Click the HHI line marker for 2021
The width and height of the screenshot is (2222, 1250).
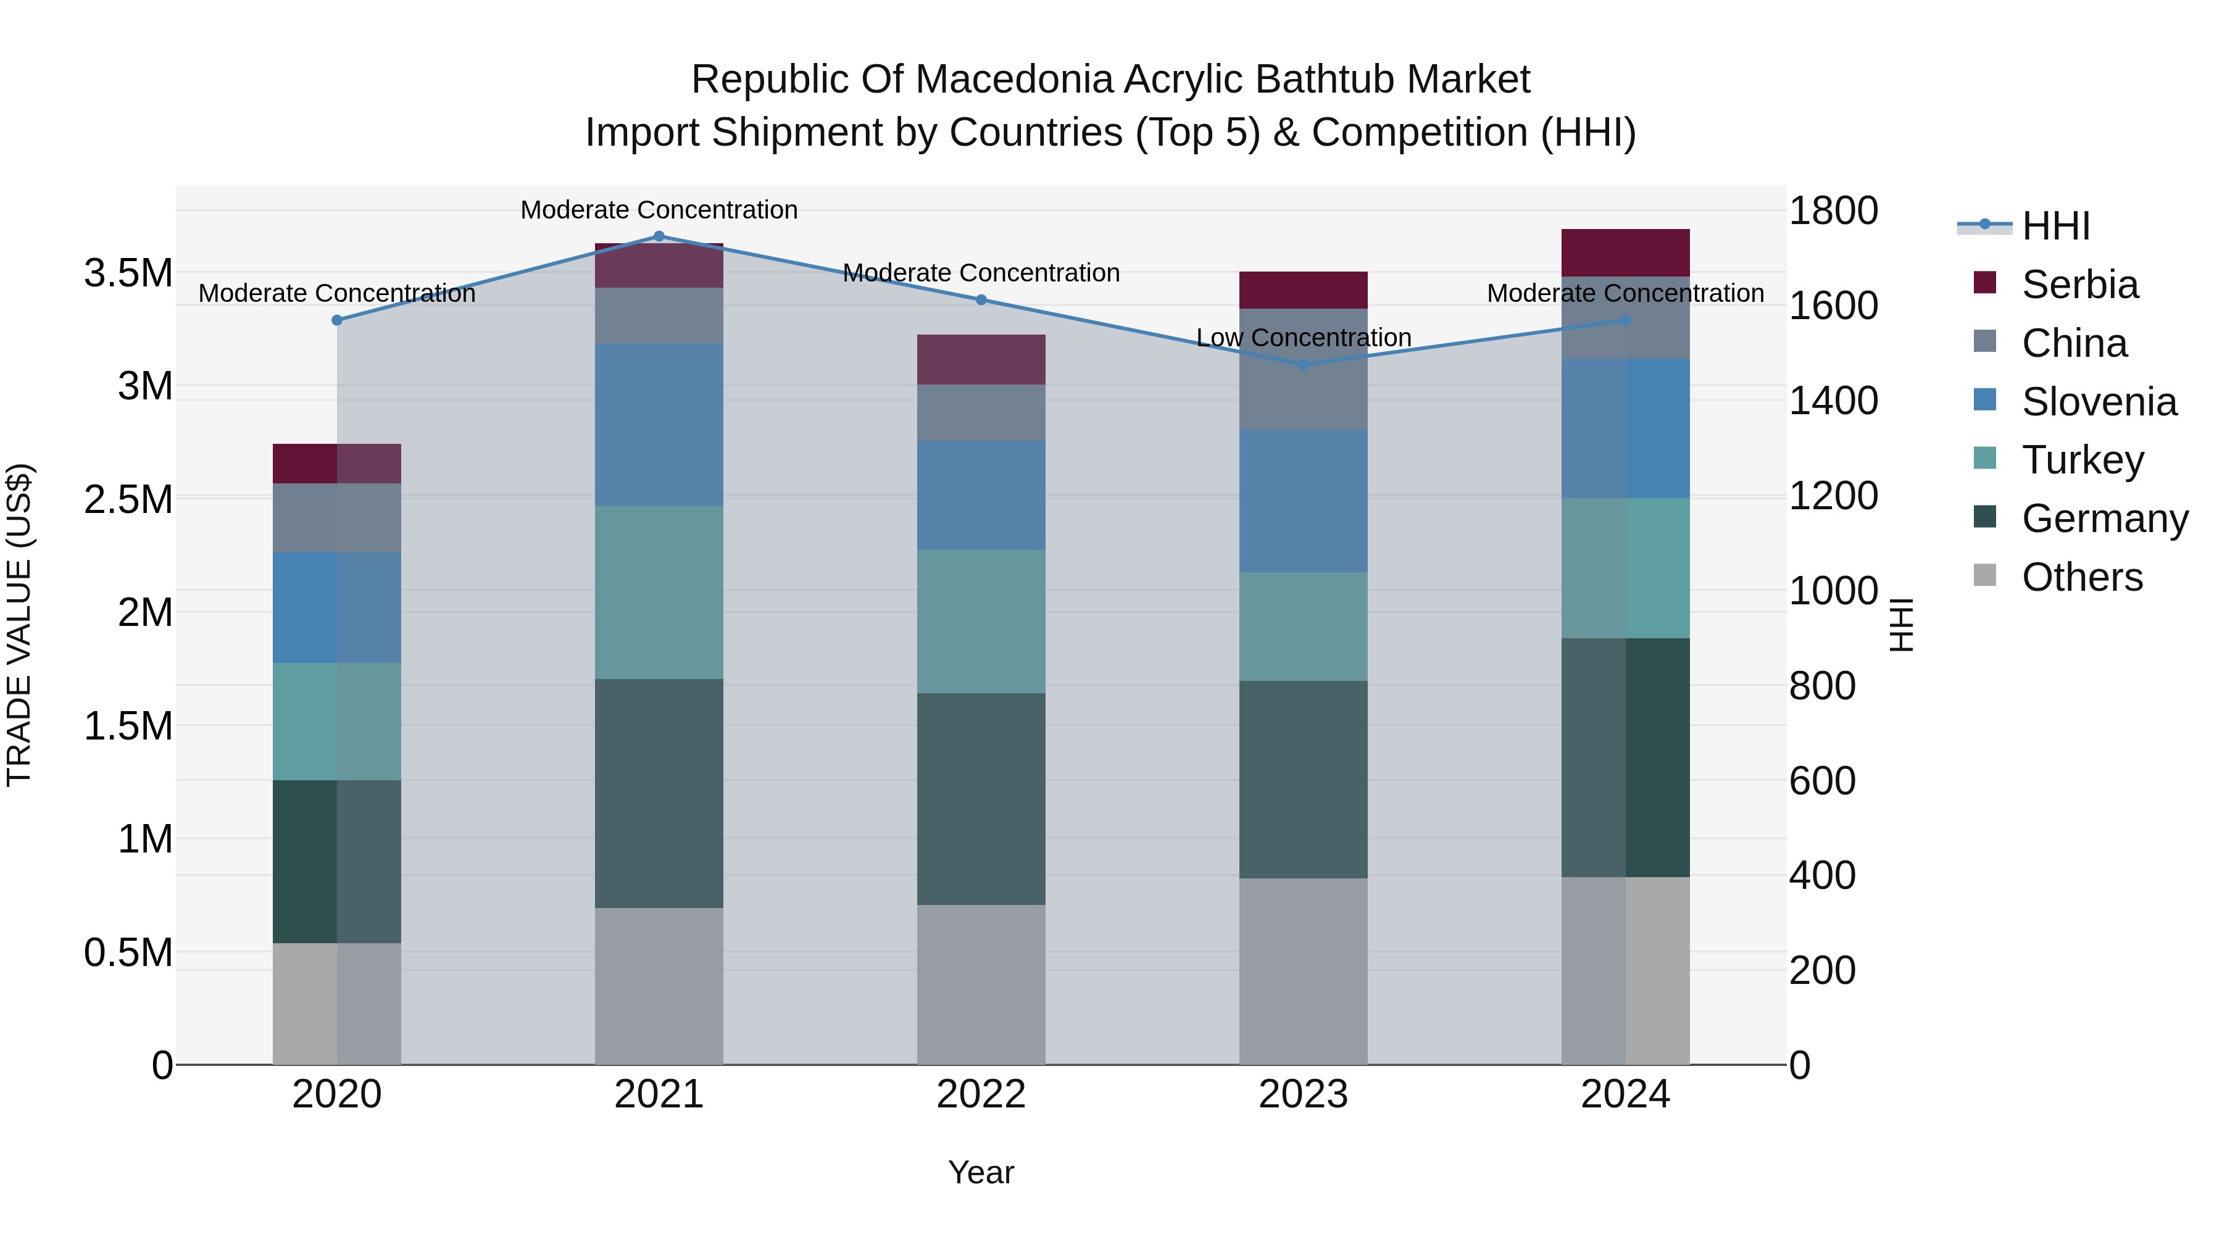(659, 236)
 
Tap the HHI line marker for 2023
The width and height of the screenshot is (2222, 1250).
(1304, 365)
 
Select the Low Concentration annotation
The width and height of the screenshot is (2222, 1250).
(1304, 338)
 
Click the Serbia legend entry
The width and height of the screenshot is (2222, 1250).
(2079, 285)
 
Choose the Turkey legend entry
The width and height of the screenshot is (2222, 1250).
(2081, 460)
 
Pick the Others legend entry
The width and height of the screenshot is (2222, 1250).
(2081, 577)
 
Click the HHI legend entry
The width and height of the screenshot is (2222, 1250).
(2055, 226)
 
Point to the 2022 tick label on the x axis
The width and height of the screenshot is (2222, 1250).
(981, 1094)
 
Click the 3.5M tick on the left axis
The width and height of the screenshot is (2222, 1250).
(128, 273)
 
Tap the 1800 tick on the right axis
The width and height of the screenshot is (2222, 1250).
(1833, 211)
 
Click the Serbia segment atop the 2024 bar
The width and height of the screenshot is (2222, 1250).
(1625, 252)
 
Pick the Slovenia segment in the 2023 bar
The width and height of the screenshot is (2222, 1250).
(1304, 501)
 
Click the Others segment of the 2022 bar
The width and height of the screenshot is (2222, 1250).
(981, 985)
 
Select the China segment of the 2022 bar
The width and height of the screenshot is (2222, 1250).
(981, 412)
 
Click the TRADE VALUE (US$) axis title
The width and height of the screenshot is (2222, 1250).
(19, 625)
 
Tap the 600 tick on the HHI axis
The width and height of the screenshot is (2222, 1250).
(1822, 781)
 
